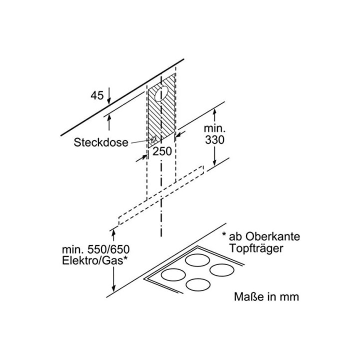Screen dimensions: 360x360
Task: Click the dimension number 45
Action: click(97, 95)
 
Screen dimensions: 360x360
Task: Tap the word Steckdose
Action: click(101, 142)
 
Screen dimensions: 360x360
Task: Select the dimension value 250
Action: click(162, 151)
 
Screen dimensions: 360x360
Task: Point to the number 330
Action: click(214, 139)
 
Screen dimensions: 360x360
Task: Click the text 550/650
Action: click(108, 249)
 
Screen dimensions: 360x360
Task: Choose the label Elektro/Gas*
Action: click(95, 261)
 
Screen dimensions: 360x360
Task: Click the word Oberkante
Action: click(272, 236)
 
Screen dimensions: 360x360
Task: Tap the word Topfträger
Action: click(256, 248)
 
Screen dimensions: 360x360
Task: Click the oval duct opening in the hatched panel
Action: click(161, 93)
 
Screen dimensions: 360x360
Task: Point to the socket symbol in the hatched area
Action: click(153, 139)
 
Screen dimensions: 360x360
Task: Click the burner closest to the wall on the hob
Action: click(197, 260)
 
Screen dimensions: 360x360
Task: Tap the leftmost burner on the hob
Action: click(173, 275)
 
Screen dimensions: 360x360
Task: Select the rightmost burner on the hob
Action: click(222, 270)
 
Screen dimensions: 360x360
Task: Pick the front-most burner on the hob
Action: click(198, 284)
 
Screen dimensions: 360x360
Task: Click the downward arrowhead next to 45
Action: click(109, 100)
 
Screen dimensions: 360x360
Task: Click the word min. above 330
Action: click(214, 128)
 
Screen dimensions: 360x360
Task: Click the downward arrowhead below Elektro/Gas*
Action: click(113, 288)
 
